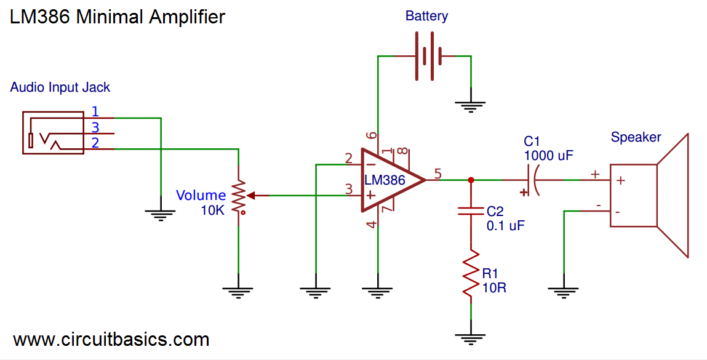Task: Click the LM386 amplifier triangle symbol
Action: pyautogui.click(x=388, y=180)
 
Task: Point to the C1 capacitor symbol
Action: pyautogui.click(x=530, y=180)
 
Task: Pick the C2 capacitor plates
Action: pyautogui.click(x=471, y=212)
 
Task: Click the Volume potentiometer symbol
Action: pyautogui.click(x=239, y=196)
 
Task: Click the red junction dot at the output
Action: pyautogui.click(x=471, y=180)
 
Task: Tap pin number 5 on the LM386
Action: pyautogui.click(x=437, y=174)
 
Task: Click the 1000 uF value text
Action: pyautogui.click(x=548, y=156)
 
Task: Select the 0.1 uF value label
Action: pyautogui.click(x=505, y=225)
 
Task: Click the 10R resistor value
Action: pyautogui.click(x=494, y=287)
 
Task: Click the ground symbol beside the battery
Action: pyautogui.click(x=471, y=107)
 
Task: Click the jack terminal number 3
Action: pyautogui.click(x=95, y=127)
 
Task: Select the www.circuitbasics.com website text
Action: pyautogui.click(x=111, y=339)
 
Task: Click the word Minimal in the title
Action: pyautogui.click(x=110, y=17)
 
